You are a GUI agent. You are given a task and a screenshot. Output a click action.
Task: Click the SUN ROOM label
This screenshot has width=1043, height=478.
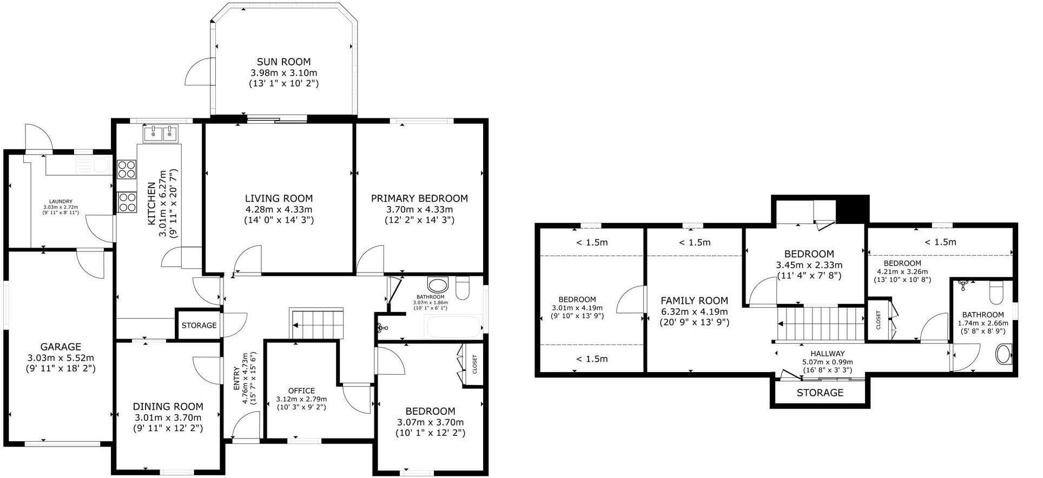pos(283,62)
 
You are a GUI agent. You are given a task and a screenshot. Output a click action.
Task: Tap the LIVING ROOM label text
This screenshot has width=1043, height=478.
pos(279,198)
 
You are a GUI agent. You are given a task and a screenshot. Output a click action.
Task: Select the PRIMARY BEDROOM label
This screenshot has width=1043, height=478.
pos(419,198)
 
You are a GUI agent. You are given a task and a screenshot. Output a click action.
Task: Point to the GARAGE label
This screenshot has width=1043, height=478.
pos(61,347)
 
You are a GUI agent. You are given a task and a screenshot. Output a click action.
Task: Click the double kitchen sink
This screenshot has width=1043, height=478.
pos(161,132)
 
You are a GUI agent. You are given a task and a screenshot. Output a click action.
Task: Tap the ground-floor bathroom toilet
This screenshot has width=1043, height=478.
pos(463,288)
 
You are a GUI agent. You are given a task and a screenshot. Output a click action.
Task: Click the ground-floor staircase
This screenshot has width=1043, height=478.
pos(316,323)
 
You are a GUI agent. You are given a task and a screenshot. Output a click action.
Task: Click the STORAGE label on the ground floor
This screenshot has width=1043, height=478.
pos(199,326)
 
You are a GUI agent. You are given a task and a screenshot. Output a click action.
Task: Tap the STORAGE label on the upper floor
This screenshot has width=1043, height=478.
pos(820,393)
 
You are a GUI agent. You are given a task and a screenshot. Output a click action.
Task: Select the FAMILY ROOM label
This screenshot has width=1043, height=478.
pos(695,301)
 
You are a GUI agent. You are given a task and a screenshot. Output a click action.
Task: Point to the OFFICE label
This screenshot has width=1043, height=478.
pos(301,391)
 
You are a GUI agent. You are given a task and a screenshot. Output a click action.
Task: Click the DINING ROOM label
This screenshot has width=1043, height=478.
pos(168,407)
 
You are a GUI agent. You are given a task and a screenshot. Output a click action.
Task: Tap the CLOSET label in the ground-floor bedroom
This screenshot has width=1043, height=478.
pos(475,364)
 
